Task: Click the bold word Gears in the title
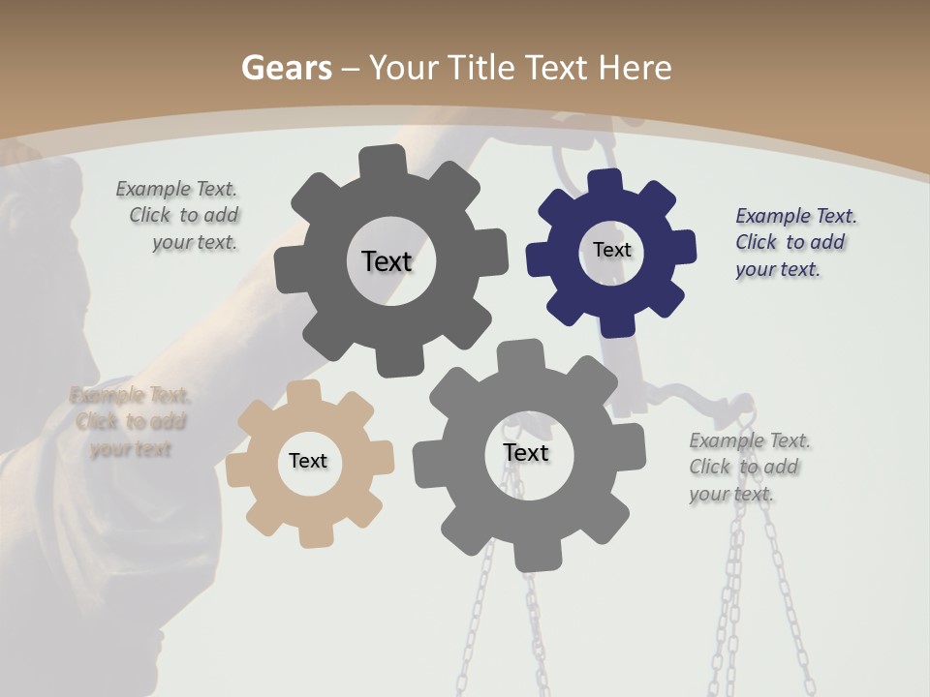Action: point(286,68)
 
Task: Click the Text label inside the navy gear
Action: point(611,250)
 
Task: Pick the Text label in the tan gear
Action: point(308,462)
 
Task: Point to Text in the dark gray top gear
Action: point(387,261)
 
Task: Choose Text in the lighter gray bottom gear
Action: point(526,453)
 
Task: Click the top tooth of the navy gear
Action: point(605,182)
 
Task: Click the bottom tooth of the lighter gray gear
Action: point(531,559)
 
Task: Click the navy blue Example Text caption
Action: point(794,242)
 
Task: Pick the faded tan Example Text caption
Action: point(131,422)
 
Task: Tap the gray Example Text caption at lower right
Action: point(748,467)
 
